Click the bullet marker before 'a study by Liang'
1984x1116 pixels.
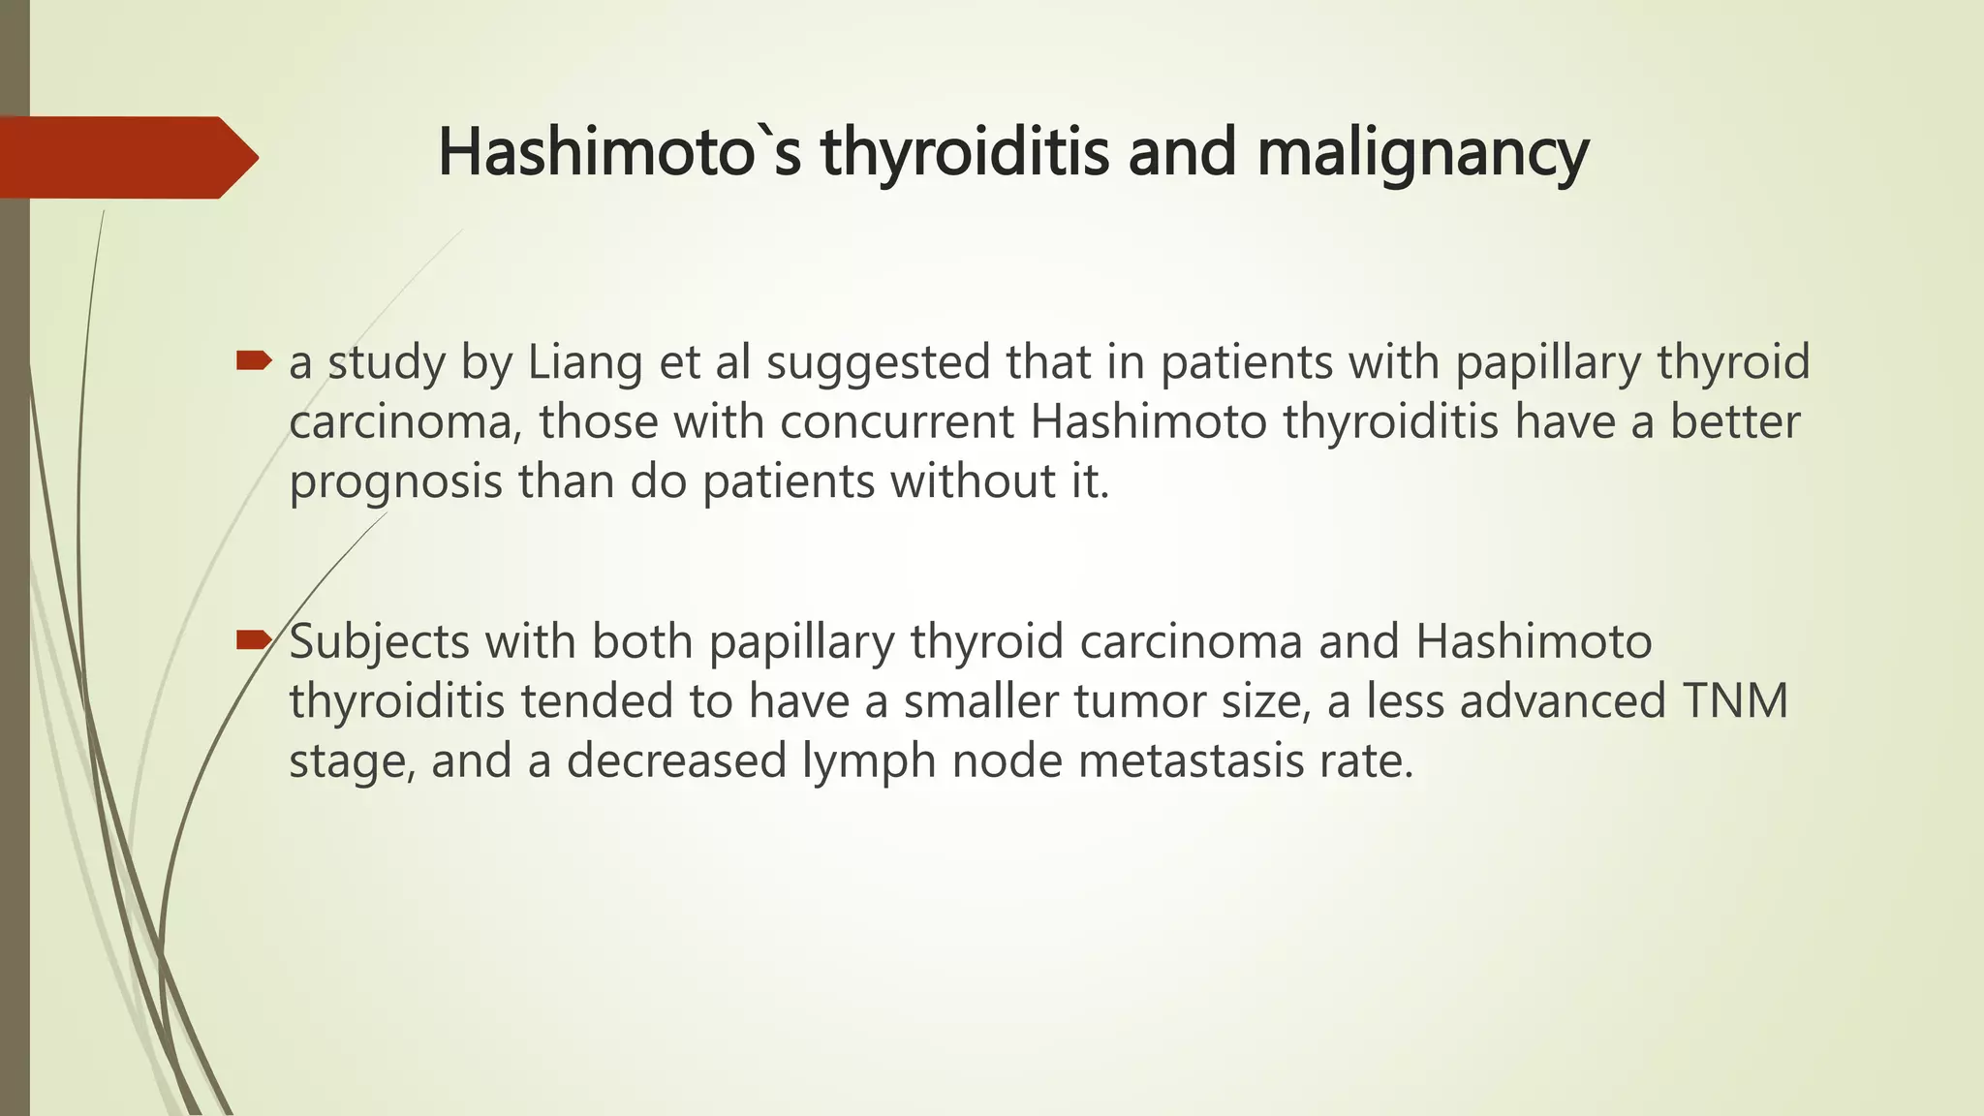tap(254, 362)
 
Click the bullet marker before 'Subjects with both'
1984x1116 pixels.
tap(254, 639)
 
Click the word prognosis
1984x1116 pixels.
tap(395, 482)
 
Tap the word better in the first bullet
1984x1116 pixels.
tap(1734, 422)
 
